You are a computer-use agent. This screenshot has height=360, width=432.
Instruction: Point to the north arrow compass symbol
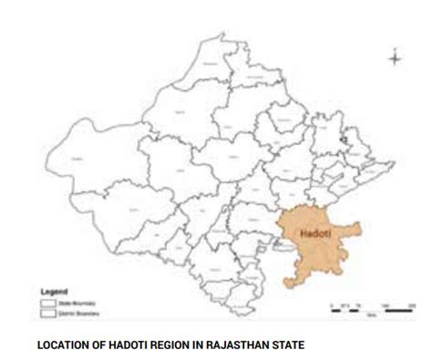click(x=394, y=58)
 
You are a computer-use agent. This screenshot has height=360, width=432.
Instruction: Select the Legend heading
click(x=54, y=292)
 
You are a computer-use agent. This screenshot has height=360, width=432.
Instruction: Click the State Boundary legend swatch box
click(x=49, y=302)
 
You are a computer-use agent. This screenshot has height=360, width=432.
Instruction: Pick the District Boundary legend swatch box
click(x=49, y=312)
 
